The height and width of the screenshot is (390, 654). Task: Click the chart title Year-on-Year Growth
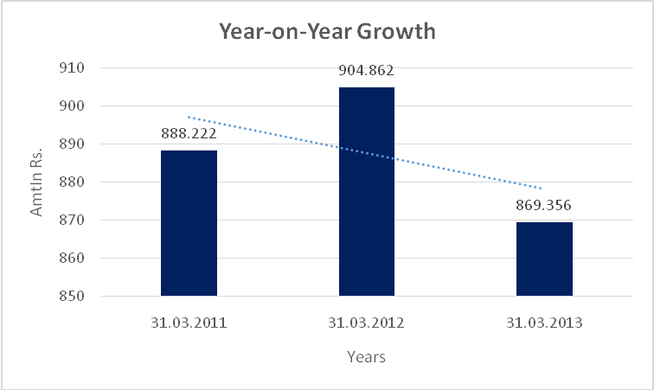[326, 32]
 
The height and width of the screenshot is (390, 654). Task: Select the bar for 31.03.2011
[189, 223]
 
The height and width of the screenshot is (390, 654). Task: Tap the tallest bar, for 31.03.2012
[367, 191]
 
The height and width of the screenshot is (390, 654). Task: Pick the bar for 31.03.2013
[544, 259]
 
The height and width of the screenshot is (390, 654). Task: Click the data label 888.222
[189, 134]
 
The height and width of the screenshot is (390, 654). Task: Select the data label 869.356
[544, 206]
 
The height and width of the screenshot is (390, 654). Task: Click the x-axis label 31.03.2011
[189, 325]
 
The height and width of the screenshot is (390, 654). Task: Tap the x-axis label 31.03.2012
[367, 325]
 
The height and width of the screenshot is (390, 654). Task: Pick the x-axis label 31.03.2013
[544, 325]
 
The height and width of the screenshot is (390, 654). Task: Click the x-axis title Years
[366, 356]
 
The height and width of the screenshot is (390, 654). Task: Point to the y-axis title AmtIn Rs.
[37, 182]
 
